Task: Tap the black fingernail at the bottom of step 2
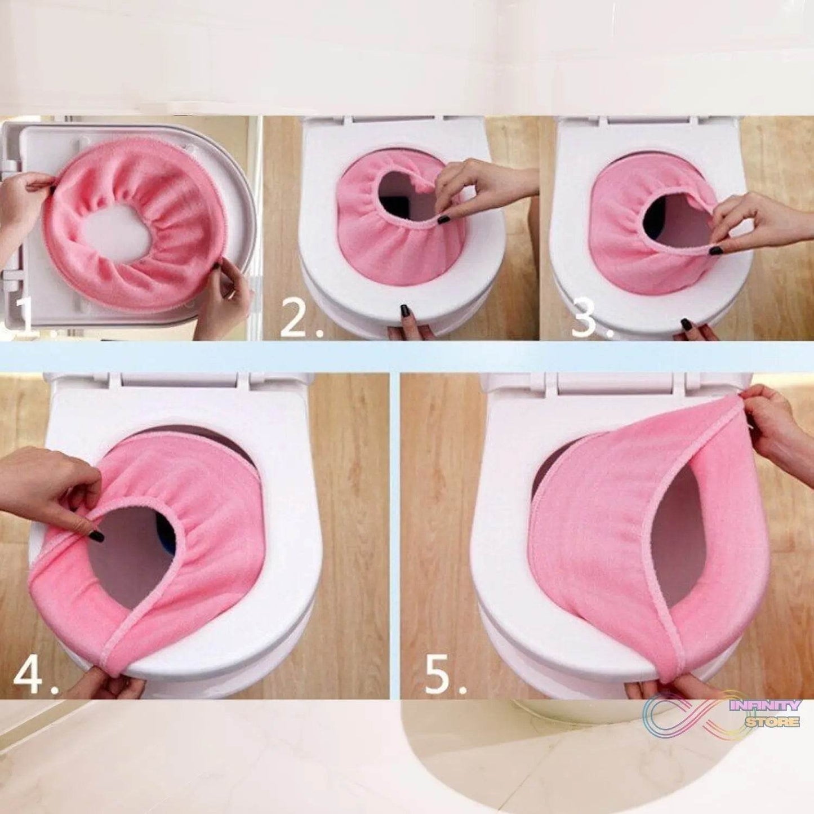point(404,310)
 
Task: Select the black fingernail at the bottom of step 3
point(686,325)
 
